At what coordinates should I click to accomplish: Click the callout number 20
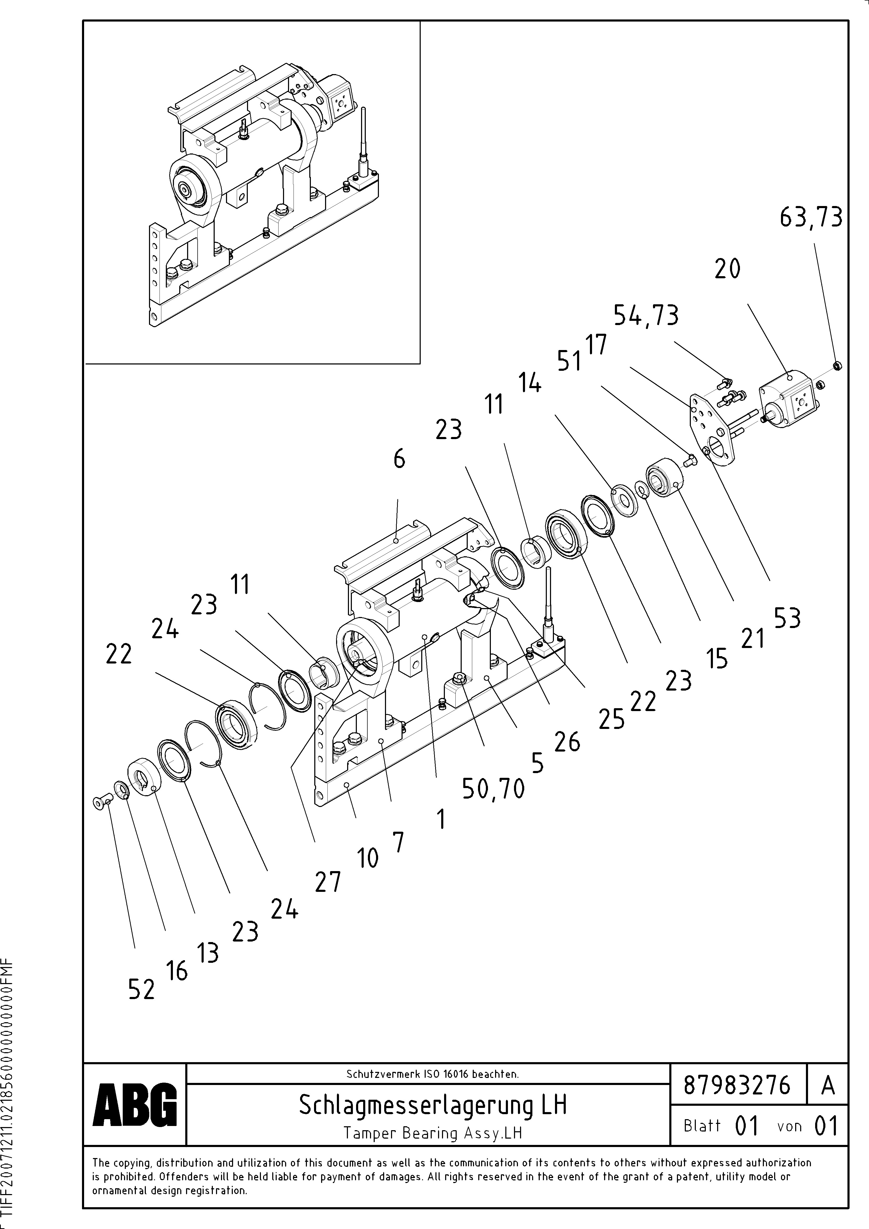(x=727, y=269)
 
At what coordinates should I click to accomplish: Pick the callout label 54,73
(x=646, y=315)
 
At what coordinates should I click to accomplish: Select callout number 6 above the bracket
(x=399, y=459)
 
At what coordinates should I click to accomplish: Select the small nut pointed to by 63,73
(x=838, y=366)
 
